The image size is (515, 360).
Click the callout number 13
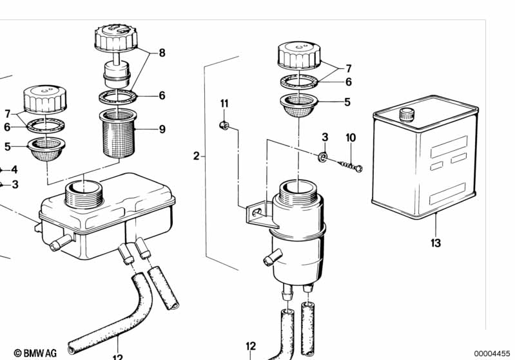[436, 243]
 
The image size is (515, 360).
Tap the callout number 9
[162, 129]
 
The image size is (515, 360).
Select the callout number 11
[224, 104]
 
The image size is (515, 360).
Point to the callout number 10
[351, 138]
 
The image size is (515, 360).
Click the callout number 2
[196, 156]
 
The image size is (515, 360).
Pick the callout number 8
[162, 53]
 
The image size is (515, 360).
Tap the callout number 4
[14, 169]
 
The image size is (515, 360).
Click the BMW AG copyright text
[35, 353]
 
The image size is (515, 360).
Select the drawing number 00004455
[492, 354]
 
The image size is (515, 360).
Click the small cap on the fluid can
[407, 115]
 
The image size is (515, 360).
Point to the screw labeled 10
[350, 165]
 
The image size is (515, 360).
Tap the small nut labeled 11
[224, 125]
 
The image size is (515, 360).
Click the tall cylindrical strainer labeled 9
[118, 133]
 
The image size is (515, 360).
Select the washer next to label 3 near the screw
[322, 156]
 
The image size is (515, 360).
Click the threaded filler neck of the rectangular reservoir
[84, 194]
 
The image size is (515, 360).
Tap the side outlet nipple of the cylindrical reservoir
[273, 256]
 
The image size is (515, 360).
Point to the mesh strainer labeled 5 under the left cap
[46, 149]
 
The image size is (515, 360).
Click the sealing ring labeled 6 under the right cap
[300, 81]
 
